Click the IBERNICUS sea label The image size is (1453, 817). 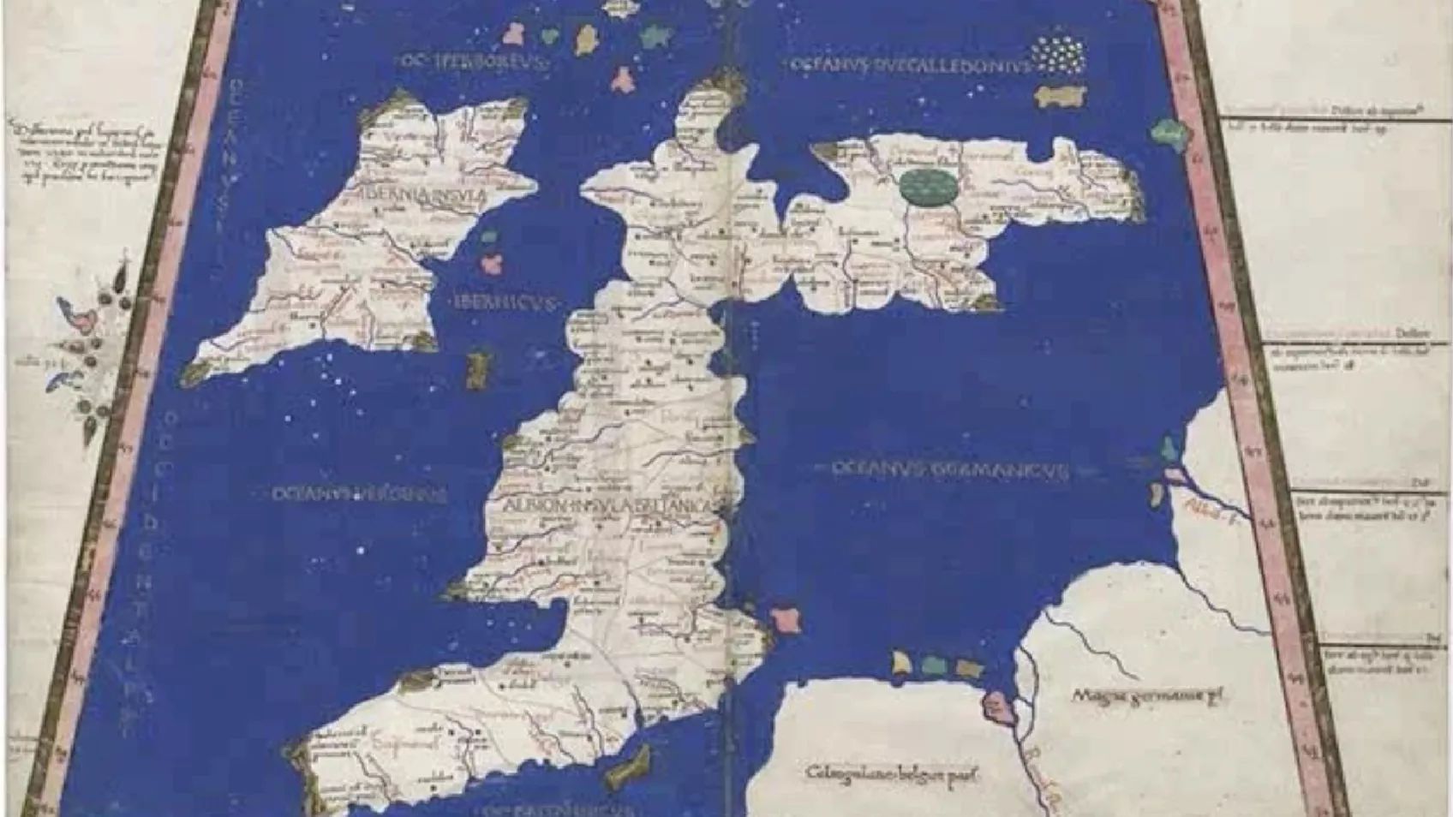point(504,302)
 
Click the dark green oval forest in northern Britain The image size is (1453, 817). point(930,186)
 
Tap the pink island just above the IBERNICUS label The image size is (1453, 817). point(492,262)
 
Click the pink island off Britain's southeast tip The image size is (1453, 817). point(786,620)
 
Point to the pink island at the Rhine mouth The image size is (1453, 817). point(995,706)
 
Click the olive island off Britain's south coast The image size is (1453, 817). point(629,766)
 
